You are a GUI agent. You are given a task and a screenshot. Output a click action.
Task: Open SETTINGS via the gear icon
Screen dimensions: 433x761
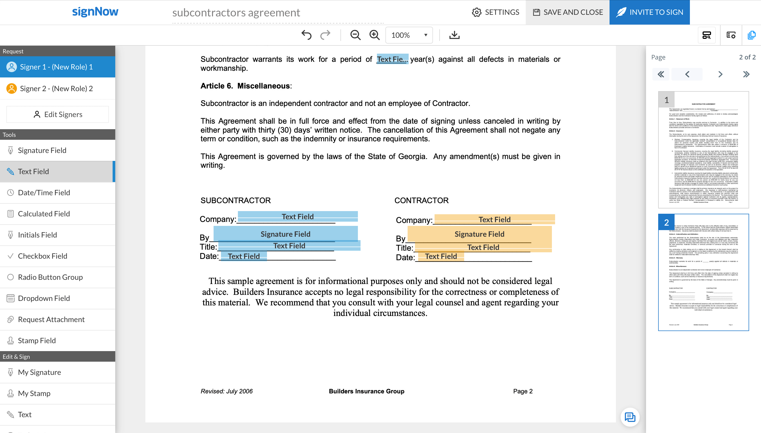coord(477,12)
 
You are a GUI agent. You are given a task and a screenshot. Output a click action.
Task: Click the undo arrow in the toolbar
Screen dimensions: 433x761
coord(306,35)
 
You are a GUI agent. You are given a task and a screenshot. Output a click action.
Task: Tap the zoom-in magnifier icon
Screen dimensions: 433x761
coord(374,35)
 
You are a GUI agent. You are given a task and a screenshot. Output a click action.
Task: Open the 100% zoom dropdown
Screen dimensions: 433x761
coord(409,35)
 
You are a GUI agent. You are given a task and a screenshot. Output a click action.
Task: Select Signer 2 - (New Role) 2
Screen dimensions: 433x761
coord(57,89)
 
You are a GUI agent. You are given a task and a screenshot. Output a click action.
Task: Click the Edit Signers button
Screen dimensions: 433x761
coord(58,114)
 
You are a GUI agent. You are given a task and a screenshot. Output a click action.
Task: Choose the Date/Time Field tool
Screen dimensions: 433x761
coord(44,193)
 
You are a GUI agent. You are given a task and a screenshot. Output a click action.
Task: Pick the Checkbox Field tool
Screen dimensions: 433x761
coord(43,256)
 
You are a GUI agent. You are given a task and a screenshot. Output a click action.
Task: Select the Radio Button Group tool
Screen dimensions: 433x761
coord(50,277)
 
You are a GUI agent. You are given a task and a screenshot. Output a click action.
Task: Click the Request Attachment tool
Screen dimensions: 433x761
coord(51,319)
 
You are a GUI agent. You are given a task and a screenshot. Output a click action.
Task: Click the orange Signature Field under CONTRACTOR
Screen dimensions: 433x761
coord(479,234)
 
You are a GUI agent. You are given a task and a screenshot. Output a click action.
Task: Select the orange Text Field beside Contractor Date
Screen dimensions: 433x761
coord(441,256)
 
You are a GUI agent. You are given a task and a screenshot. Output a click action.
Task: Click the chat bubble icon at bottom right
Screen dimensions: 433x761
coord(630,417)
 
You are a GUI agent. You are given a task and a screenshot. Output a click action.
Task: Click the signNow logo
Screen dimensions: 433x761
coord(95,12)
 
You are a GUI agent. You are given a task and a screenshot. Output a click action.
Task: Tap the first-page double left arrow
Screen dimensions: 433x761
coord(661,74)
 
